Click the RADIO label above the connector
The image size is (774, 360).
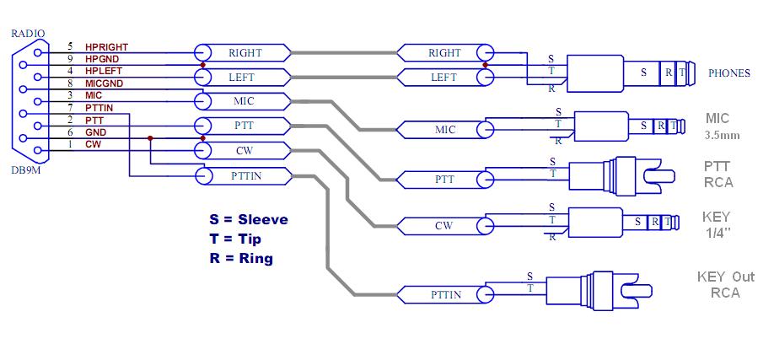tap(29, 33)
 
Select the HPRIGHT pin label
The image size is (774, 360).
tap(106, 46)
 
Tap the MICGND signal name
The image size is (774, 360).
tap(104, 83)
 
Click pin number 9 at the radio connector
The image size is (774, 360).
tap(69, 59)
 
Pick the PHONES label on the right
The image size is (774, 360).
tap(728, 73)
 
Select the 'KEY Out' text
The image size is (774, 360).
tap(726, 277)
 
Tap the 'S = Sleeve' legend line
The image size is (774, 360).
tap(249, 219)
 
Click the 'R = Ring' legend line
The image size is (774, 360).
tap(241, 259)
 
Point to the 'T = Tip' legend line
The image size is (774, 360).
tap(235, 239)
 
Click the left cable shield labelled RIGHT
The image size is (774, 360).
tap(245, 52)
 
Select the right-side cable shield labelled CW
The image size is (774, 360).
tap(444, 226)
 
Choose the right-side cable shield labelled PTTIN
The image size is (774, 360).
tap(444, 294)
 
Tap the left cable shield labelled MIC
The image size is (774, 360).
tap(245, 101)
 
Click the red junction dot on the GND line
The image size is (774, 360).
tap(149, 138)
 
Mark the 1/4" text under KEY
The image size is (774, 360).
tap(716, 232)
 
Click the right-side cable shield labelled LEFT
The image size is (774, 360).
tap(444, 77)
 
